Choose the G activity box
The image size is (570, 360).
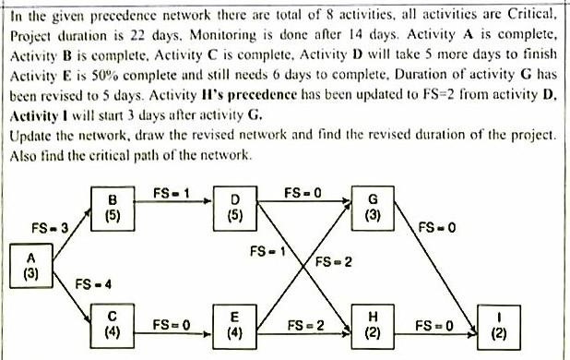373,210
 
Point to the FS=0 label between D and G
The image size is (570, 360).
302,194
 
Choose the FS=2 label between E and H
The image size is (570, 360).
305,326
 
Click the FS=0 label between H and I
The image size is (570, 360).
433,326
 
